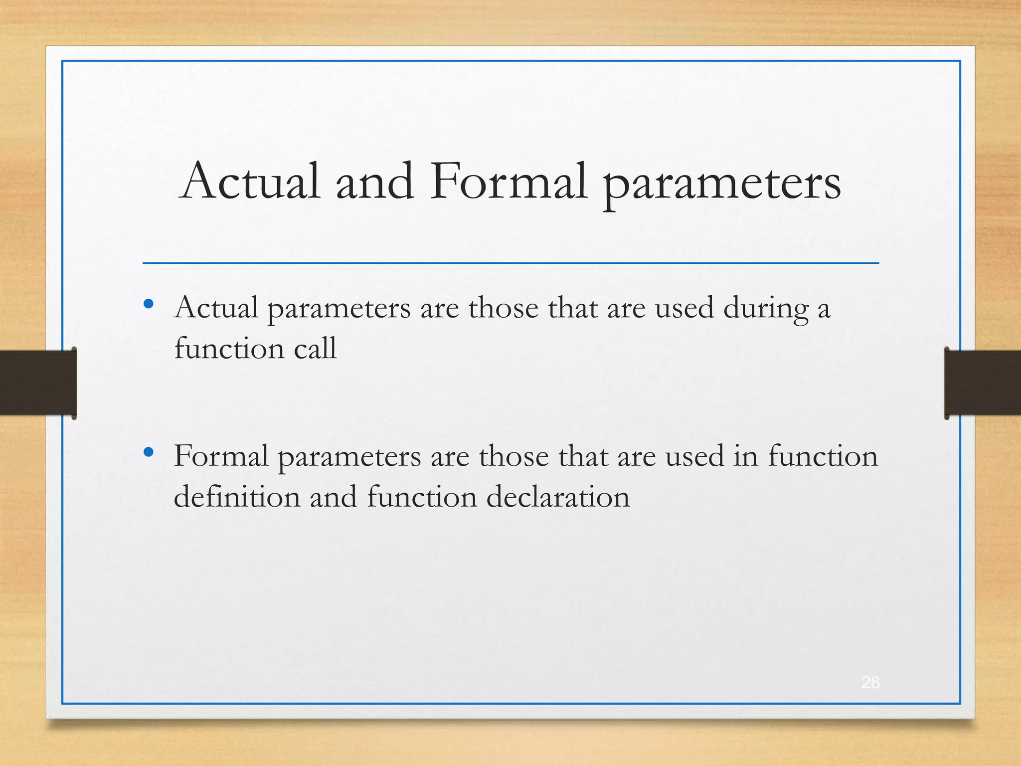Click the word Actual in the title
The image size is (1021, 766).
[x=249, y=182]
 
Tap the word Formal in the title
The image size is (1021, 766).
[x=509, y=182]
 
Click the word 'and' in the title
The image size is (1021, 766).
[x=374, y=182]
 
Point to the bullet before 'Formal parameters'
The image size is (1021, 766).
[x=148, y=452]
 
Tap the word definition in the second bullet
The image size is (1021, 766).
[x=237, y=497]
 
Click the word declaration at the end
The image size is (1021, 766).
[x=558, y=497]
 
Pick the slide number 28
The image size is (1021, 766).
[x=870, y=682]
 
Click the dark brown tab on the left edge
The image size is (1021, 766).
[x=37, y=383]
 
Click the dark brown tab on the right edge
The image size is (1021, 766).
[x=982, y=383]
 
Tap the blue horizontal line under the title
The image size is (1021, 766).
[x=510, y=263]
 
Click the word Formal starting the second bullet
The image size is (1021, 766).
[x=221, y=456]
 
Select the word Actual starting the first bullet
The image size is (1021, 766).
[x=216, y=308]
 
